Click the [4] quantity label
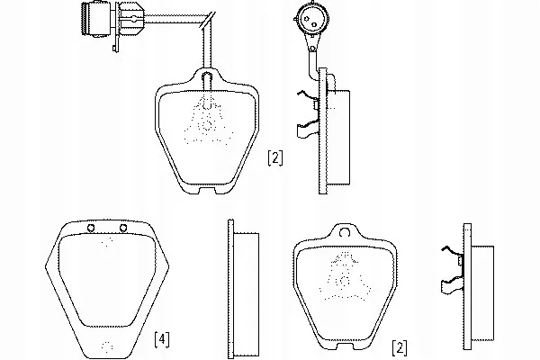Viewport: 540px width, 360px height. tap(161, 339)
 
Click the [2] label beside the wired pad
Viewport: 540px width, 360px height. tap(274, 158)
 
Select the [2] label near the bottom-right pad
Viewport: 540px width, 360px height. tap(400, 348)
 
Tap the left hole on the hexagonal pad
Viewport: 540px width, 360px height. tap(91, 228)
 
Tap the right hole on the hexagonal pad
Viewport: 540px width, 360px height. tap(123, 228)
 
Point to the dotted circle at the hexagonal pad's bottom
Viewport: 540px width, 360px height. tap(107, 347)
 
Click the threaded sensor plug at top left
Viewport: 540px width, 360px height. tap(96, 19)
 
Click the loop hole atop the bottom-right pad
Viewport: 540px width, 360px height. tap(345, 233)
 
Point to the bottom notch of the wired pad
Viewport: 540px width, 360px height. tap(208, 190)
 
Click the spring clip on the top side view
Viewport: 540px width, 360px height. tap(309, 114)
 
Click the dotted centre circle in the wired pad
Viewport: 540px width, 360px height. tap(207, 125)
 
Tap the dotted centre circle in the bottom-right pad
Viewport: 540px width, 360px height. tap(344, 281)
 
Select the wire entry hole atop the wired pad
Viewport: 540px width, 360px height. tap(207, 76)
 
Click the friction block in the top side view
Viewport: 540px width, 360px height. tap(338, 138)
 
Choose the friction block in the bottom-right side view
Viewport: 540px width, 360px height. tap(482, 293)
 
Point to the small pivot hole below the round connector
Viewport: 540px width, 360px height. tap(312, 49)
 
